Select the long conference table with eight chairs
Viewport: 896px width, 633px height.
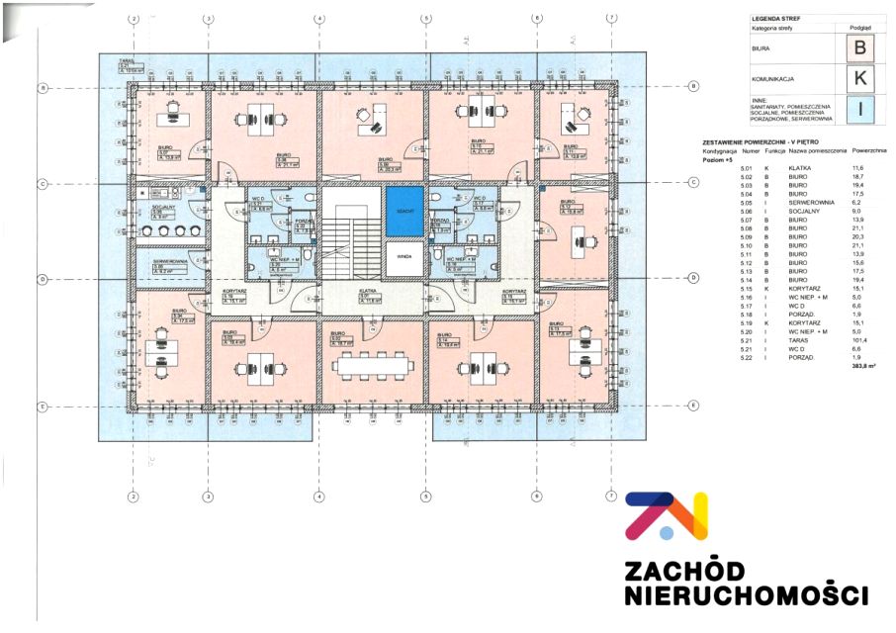click(x=372, y=363)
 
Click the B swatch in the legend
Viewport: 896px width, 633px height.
click(x=860, y=46)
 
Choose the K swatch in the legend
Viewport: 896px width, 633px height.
click(x=860, y=78)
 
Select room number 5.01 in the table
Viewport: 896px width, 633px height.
click(x=747, y=169)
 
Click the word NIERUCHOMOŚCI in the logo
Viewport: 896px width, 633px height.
click(x=746, y=595)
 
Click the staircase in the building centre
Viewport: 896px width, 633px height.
click(x=356, y=237)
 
